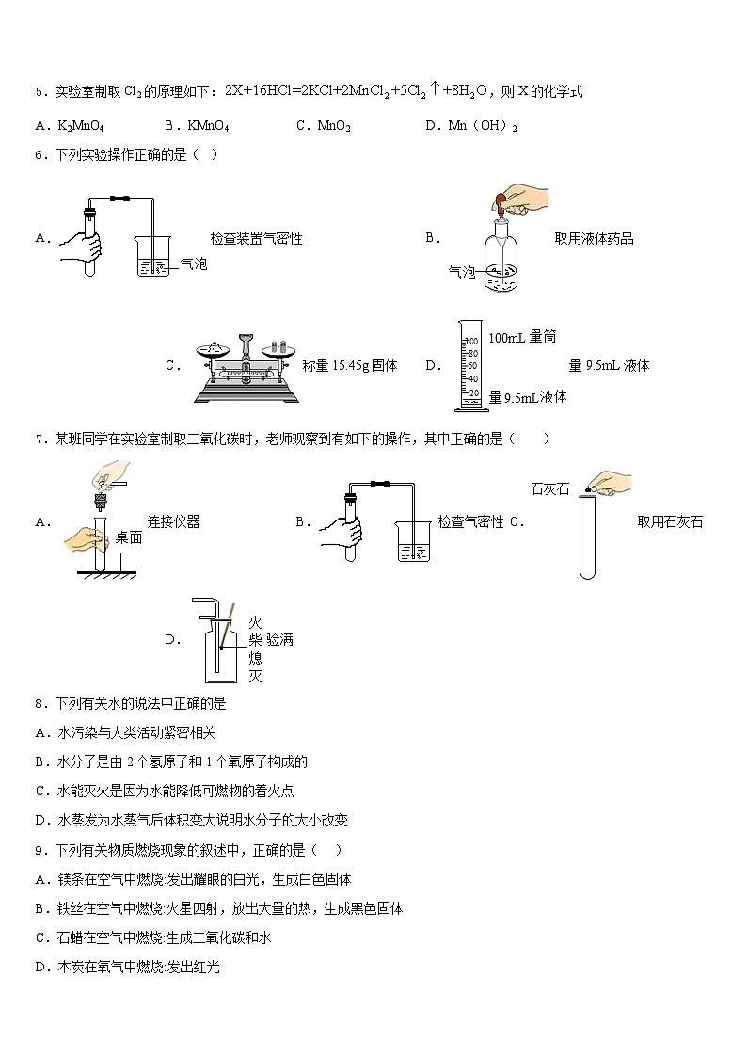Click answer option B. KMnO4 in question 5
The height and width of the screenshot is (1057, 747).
coord(197,125)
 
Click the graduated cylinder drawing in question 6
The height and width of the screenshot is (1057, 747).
coord(470,365)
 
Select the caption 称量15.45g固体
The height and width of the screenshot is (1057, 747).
coord(350,365)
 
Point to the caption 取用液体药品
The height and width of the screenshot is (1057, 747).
coord(594,239)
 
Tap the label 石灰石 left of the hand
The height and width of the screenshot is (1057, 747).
coord(550,488)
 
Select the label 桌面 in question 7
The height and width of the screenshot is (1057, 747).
coord(129,537)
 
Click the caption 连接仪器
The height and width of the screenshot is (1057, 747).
coord(173,521)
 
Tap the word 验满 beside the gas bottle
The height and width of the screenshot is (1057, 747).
coord(279,640)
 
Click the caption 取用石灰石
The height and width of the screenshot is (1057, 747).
coord(669,521)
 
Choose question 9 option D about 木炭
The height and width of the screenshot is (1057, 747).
coord(127,967)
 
